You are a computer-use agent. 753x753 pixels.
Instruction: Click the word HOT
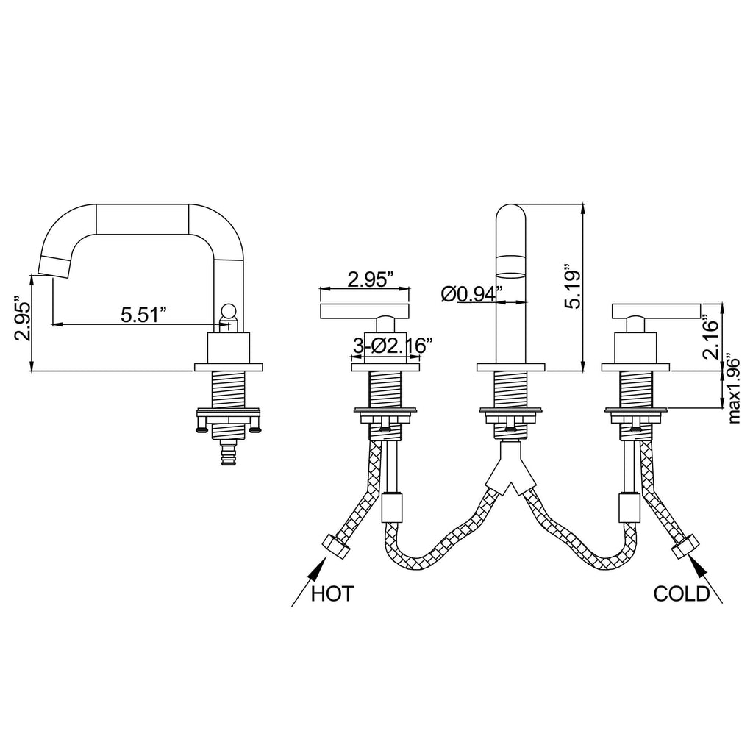(x=332, y=593)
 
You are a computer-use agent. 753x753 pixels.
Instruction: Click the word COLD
(x=682, y=593)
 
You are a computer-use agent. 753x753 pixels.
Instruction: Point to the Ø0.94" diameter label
(x=471, y=294)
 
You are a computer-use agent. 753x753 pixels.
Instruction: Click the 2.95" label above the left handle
(x=371, y=279)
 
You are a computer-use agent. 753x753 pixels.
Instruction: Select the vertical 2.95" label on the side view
(x=23, y=321)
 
